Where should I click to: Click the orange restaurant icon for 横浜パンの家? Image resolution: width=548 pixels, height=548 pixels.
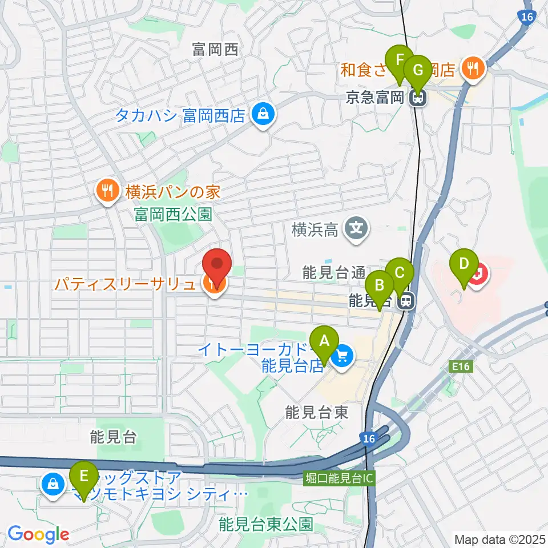coord(106,191)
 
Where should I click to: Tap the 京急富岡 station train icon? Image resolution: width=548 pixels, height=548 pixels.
coord(418,98)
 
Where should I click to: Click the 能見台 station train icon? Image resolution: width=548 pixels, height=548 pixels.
coord(406,300)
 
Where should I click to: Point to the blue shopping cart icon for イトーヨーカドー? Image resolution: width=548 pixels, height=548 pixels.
coord(342,358)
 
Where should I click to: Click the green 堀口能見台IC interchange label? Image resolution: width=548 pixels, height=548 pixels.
coord(339,478)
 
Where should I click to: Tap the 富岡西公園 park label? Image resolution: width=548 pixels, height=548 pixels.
coord(173,215)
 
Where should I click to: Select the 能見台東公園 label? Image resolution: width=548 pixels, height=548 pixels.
coord(266,523)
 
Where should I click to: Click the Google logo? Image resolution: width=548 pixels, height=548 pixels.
coord(38,534)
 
